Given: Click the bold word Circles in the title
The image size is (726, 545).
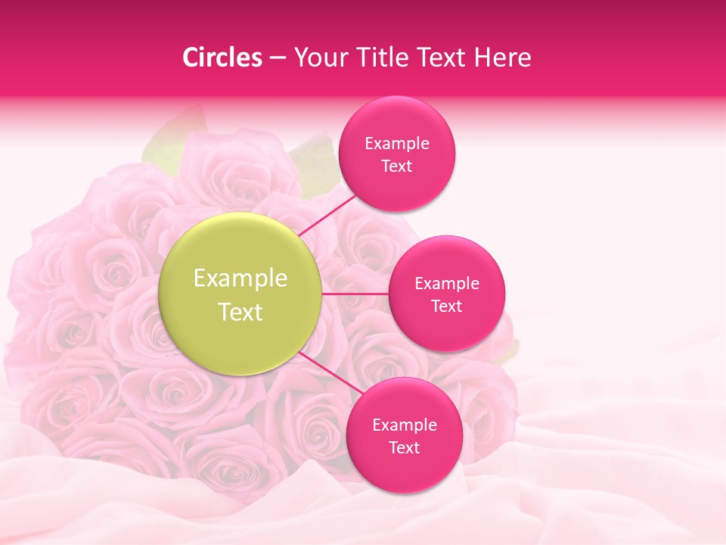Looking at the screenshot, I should point(222,58).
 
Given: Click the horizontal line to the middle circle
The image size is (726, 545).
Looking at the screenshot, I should point(355,294).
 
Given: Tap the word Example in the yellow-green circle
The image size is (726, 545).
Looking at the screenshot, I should point(240,279).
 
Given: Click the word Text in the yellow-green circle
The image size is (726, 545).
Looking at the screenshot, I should point(240,312).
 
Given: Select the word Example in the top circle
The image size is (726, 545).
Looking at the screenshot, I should point(397,144).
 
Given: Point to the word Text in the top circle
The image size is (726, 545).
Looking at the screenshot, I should point(396,167).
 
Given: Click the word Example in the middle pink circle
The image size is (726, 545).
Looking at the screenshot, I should point(447,284).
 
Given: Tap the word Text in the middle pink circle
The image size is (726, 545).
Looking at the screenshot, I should point(446,307).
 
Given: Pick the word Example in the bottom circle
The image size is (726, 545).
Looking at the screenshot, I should point(405,425).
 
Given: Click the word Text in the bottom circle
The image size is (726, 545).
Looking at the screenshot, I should point(404,448).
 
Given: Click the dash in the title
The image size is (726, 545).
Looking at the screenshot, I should point(278,58).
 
